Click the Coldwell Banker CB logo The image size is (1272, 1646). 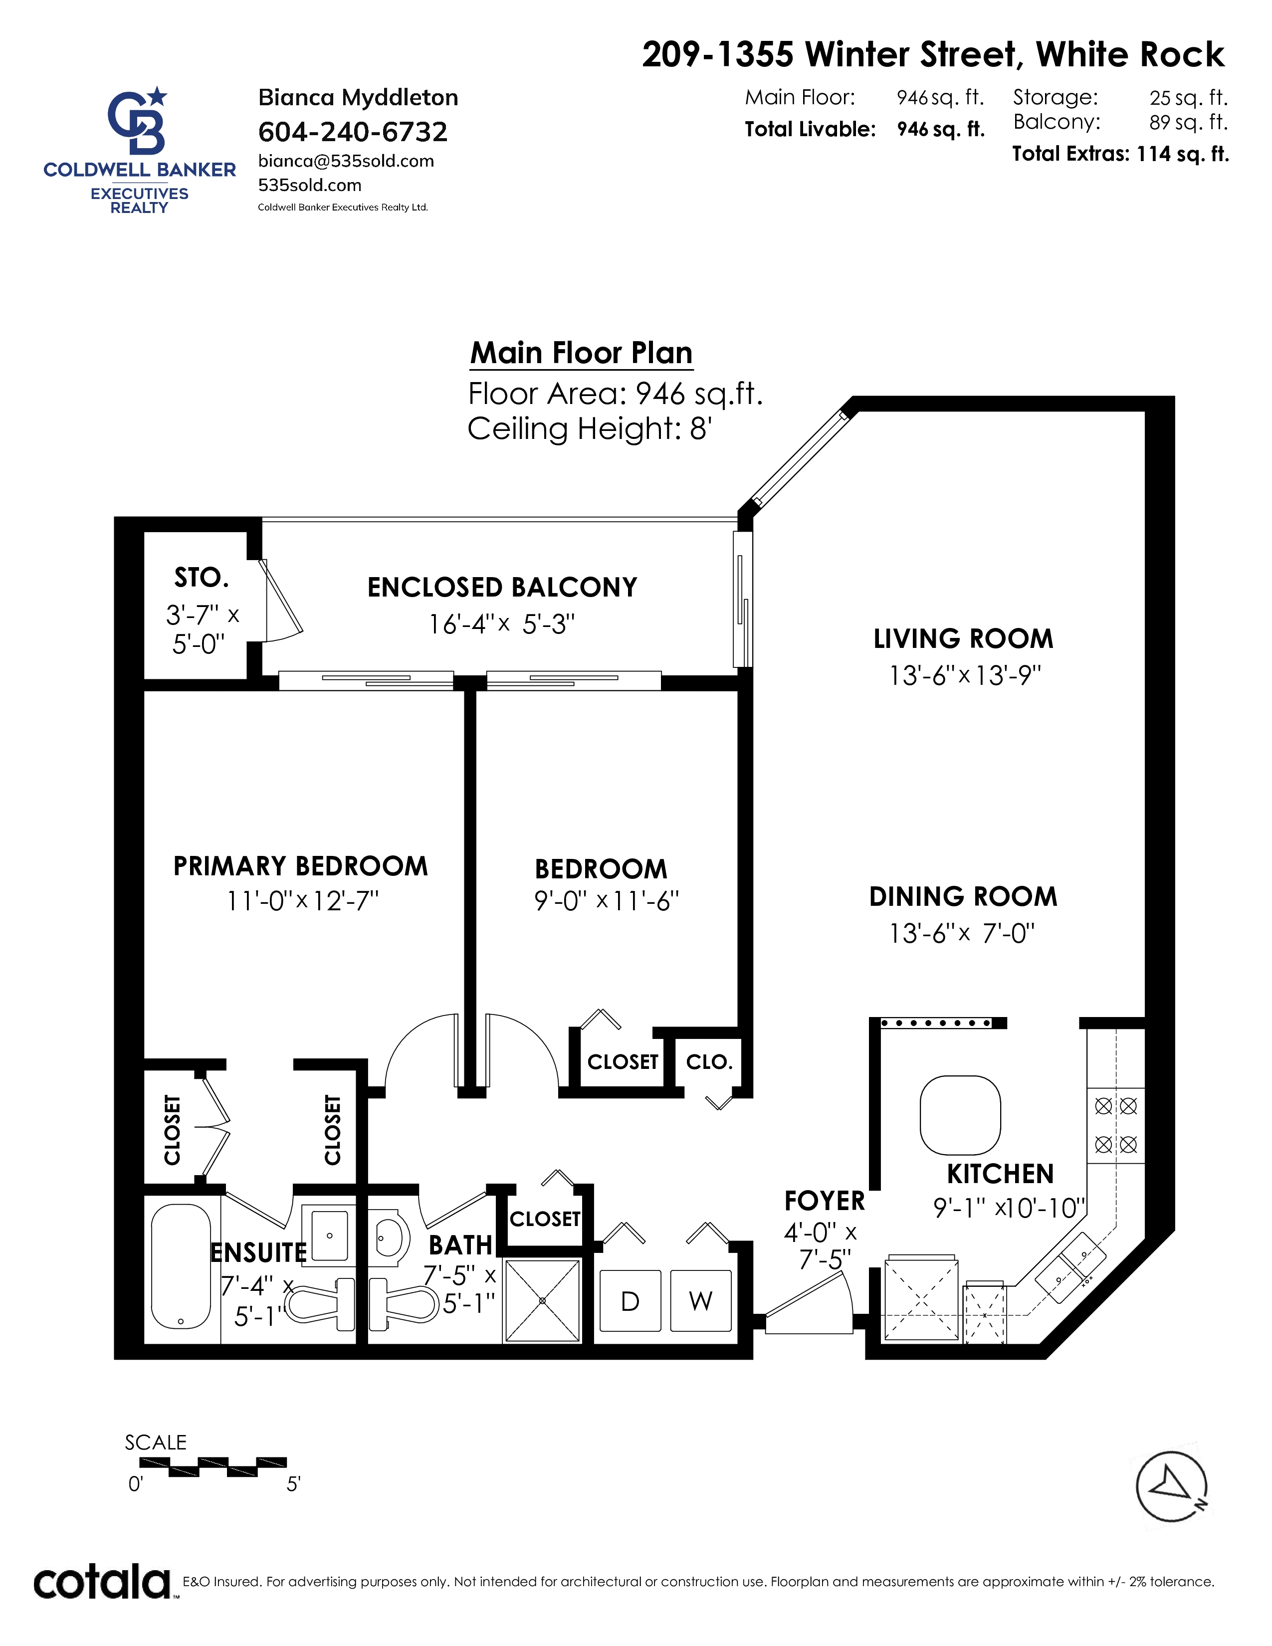[x=137, y=121]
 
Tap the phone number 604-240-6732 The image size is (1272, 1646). [x=353, y=132]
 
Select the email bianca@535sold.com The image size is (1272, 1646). [x=346, y=161]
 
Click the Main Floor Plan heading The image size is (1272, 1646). [x=581, y=353]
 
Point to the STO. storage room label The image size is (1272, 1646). [x=201, y=578]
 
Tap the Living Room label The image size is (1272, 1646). [x=963, y=639]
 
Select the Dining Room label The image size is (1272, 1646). [x=963, y=897]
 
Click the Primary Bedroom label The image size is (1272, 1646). [x=301, y=866]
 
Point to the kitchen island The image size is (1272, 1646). [x=960, y=1115]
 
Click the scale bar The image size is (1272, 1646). [x=213, y=1466]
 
